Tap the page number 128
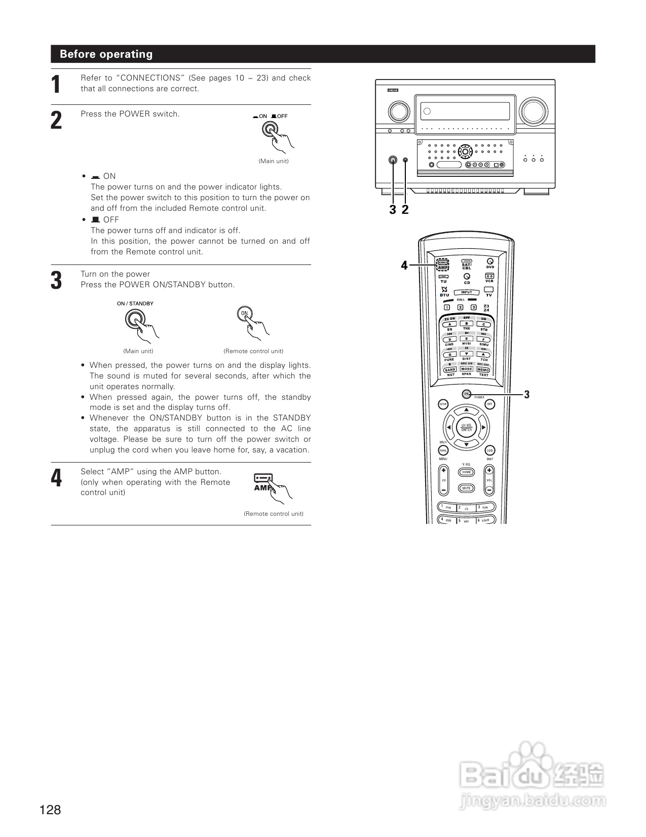click(x=50, y=810)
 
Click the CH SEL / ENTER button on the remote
click(x=466, y=427)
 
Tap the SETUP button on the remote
click(x=443, y=404)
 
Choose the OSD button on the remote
click(x=489, y=450)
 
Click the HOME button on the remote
click(x=466, y=472)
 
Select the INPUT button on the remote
click(x=466, y=292)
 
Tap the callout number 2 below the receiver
click(x=405, y=209)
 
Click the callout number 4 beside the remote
click(x=404, y=265)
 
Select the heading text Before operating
click(x=106, y=54)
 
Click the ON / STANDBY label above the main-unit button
click(x=135, y=303)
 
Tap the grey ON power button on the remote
click(x=466, y=394)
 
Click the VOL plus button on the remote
click(x=489, y=470)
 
